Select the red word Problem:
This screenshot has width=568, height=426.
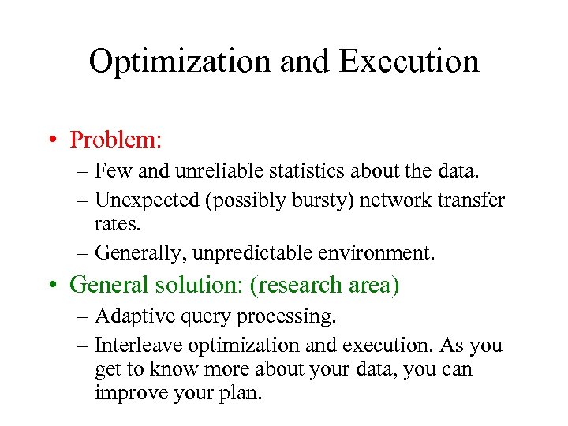[x=115, y=140]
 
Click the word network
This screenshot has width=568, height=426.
[x=393, y=200]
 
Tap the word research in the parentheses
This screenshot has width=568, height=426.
[x=297, y=284]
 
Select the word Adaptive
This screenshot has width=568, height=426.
[x=128, y=317]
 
